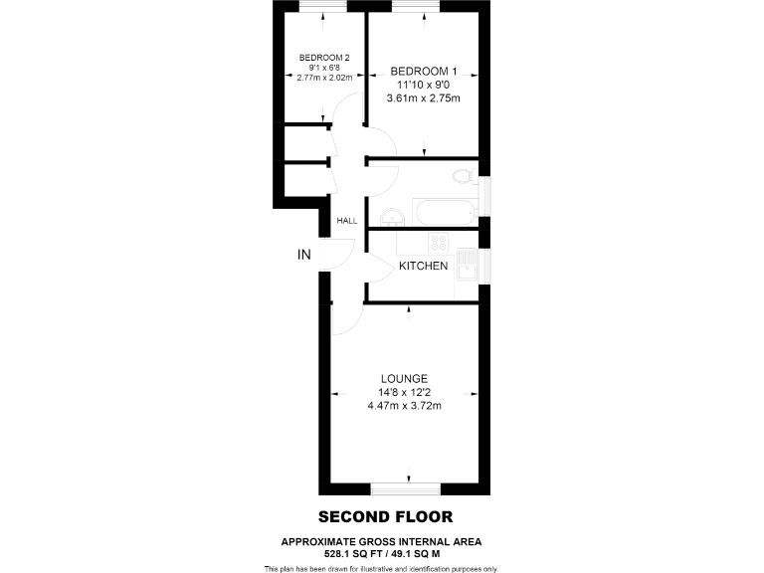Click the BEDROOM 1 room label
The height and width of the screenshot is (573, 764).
[424, 71]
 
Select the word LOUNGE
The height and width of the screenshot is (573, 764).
[405, 378]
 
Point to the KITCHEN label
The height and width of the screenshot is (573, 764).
[424, 266]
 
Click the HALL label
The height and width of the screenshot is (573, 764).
[347, 221]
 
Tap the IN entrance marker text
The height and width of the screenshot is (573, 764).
[304, 256]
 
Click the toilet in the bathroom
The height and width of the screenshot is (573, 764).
[462, 177]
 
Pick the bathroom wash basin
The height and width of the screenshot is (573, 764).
[391, 215]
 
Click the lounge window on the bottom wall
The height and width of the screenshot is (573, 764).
[404, 489]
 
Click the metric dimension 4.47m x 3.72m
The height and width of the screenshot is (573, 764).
[404, 406]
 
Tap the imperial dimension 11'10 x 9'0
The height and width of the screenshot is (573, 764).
[424, 85]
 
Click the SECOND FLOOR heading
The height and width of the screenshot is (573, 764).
[385, 516]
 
